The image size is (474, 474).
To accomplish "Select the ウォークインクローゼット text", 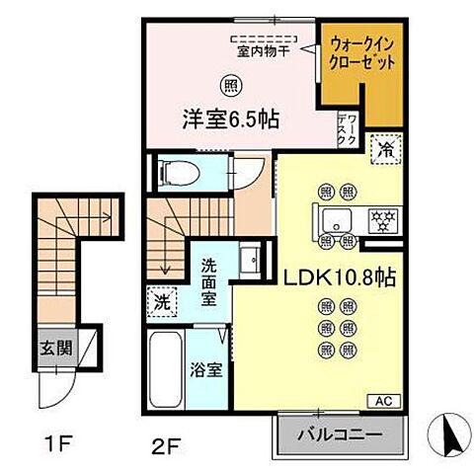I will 362,52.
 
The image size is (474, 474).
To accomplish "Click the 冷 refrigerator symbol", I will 386,150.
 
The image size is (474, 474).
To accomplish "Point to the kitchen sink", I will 332,218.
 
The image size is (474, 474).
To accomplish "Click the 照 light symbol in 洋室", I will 230,85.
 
